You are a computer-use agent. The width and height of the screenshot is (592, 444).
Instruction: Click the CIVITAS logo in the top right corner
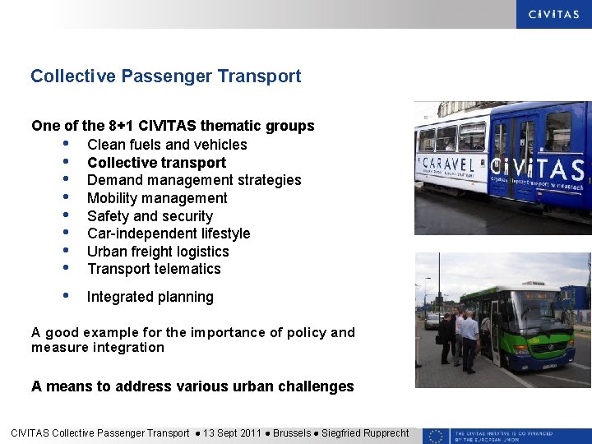pos(553,14)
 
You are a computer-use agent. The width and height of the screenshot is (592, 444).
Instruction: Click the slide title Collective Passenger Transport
pos(165,76)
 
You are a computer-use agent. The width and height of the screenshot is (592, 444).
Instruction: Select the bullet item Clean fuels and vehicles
pos(167,145)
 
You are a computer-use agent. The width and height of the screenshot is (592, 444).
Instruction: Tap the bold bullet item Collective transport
pos(156,163)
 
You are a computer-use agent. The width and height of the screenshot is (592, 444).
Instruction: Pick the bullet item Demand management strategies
pos(194,180)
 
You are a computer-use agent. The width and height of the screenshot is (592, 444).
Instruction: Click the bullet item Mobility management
pos(157,198)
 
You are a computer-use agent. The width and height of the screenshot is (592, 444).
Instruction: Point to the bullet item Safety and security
pos(150,216)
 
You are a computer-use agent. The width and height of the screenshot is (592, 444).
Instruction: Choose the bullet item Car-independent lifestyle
pos(169,234)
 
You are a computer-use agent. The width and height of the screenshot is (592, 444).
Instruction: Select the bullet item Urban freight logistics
pos(158,252)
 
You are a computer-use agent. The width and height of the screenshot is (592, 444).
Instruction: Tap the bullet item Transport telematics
pos(154,269)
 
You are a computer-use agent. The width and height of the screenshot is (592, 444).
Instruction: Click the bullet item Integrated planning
pos(150,297)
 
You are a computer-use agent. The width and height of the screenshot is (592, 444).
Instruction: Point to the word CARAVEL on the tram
pos(447,164)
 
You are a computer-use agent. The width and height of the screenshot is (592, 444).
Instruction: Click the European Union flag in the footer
pos(436,436)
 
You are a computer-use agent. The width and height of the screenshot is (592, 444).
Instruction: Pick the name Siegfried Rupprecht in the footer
pos(365,433)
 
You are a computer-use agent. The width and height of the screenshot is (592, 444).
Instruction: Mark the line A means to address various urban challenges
pos(192,386)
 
